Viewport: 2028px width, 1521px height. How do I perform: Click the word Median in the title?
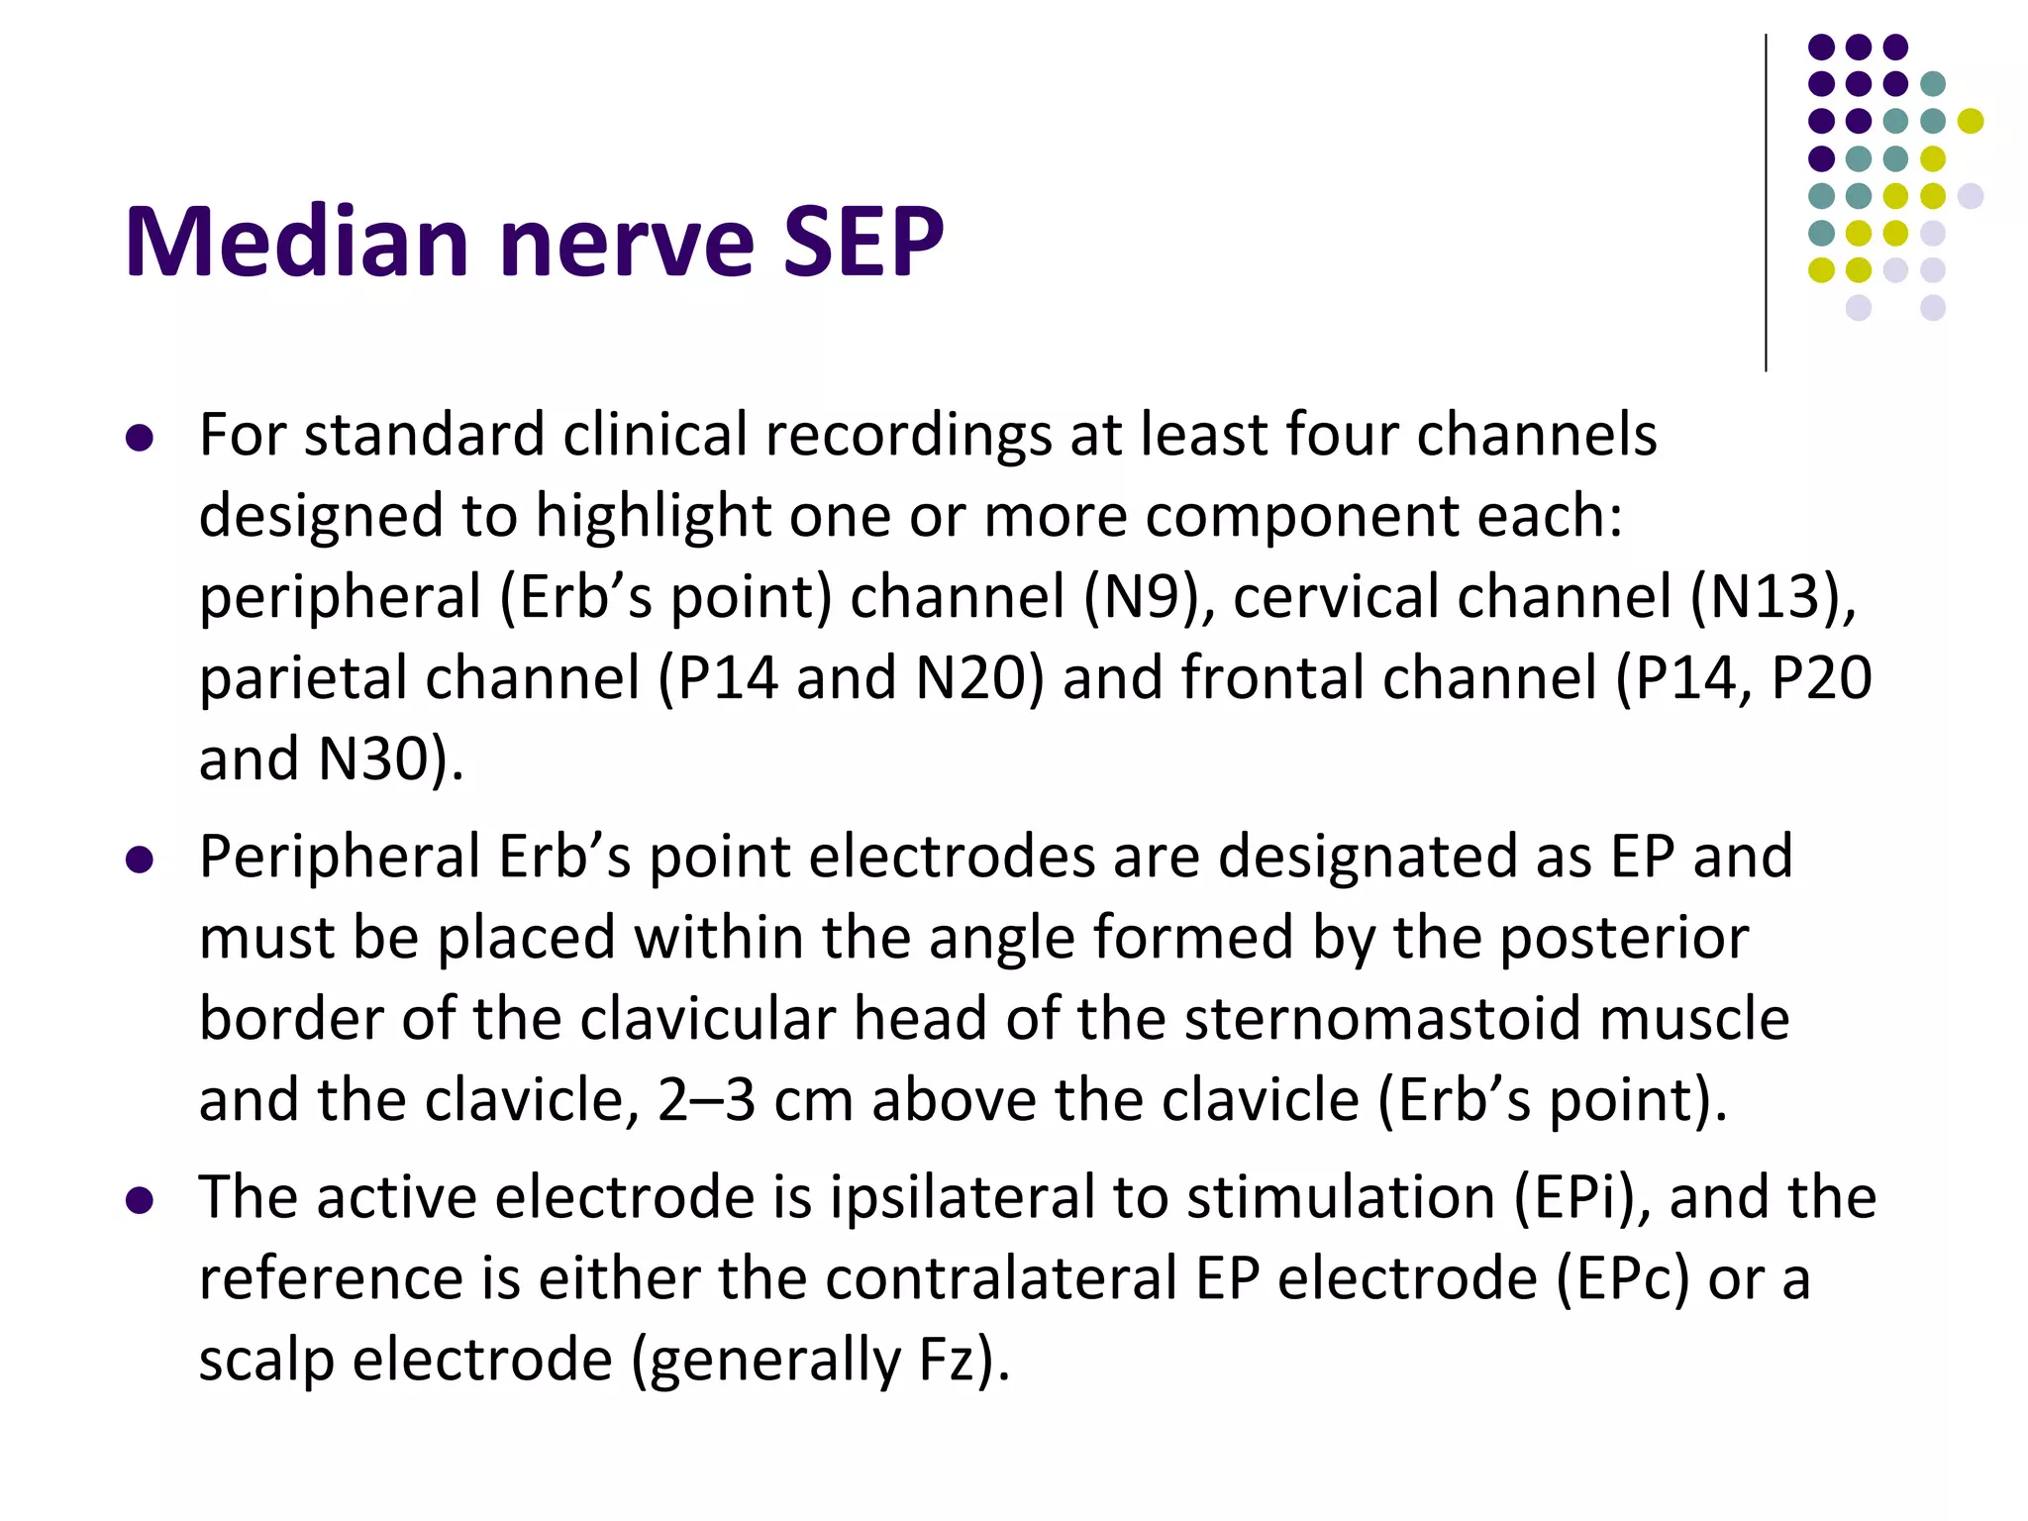(x=296, y=242)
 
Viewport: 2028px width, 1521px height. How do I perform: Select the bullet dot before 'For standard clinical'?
(x=140, y=439)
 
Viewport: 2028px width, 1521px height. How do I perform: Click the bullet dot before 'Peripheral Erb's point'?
(x=140, y=860)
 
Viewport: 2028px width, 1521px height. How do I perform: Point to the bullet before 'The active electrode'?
(x=140, y=1201)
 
